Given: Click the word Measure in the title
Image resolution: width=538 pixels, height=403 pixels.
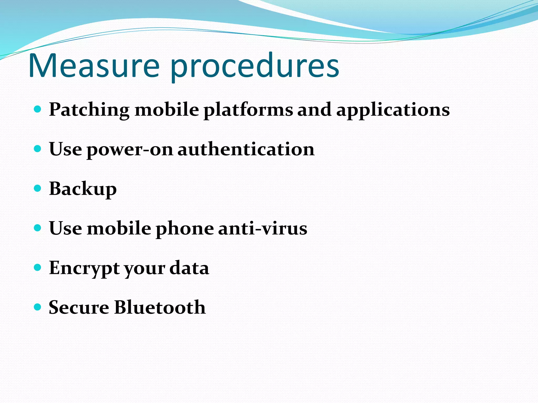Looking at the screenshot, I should pos(94,66).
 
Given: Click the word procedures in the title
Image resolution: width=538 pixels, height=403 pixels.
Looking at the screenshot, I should pos(255,67).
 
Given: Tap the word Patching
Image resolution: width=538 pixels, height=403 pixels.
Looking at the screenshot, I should pos(89,110).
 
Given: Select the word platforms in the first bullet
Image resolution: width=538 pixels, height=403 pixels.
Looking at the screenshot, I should pos(248,110).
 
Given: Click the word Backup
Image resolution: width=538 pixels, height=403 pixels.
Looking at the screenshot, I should pos(83,189).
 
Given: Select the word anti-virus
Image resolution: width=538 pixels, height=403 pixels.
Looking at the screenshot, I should pos(263,228).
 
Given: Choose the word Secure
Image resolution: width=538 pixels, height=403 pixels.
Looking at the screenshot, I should pos(79,307).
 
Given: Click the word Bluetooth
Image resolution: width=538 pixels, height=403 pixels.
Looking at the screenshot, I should pos(160,307).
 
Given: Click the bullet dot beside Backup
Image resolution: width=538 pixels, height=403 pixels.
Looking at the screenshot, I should pos(38,188).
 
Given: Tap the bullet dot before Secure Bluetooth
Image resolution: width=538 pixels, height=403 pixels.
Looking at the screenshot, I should pos(38,307).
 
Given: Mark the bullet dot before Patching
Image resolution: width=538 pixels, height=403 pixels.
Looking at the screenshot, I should pos(38,109).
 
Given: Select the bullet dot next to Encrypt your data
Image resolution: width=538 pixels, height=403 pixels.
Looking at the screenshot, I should pos(38,267).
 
